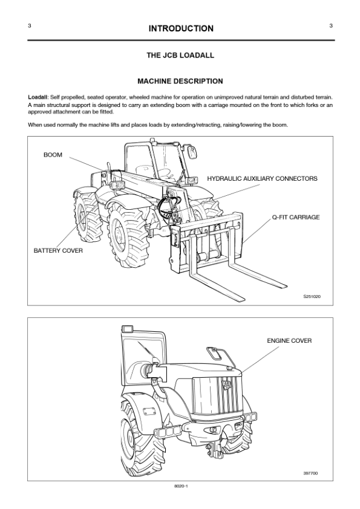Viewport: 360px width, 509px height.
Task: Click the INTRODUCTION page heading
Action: (x=181, y=28)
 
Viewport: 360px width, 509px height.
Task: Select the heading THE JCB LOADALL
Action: (x=180, y=55)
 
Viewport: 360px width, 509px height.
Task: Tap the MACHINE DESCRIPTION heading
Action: (x=180, y=81)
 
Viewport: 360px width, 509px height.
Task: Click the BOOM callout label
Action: (x=53, y=155)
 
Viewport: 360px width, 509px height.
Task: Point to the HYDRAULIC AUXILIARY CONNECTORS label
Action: (x=262, y=178)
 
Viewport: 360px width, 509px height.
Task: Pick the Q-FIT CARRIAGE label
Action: (x=296, y=217)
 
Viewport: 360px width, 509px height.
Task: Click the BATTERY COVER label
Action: (x=58, y=251)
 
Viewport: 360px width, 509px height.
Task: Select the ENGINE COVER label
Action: (x=289, y=340)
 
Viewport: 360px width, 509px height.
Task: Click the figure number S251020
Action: (x=312, y=296)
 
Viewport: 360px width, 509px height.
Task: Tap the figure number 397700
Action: (x=310, y=473)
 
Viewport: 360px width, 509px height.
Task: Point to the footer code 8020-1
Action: (x=182, y=486)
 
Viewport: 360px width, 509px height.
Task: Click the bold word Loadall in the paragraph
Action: (x=38, y=97)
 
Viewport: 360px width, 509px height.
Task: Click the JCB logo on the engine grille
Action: (x=227, y=384)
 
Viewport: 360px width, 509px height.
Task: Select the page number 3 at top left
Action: (x=30, y=25)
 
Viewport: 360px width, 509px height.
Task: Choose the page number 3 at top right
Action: (x=331, y=25)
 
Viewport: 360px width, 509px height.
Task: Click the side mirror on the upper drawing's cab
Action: (x=192, y=152)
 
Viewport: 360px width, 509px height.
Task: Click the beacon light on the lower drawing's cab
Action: (x=127, y=328)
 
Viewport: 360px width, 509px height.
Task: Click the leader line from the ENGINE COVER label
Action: (x=260, y=360)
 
